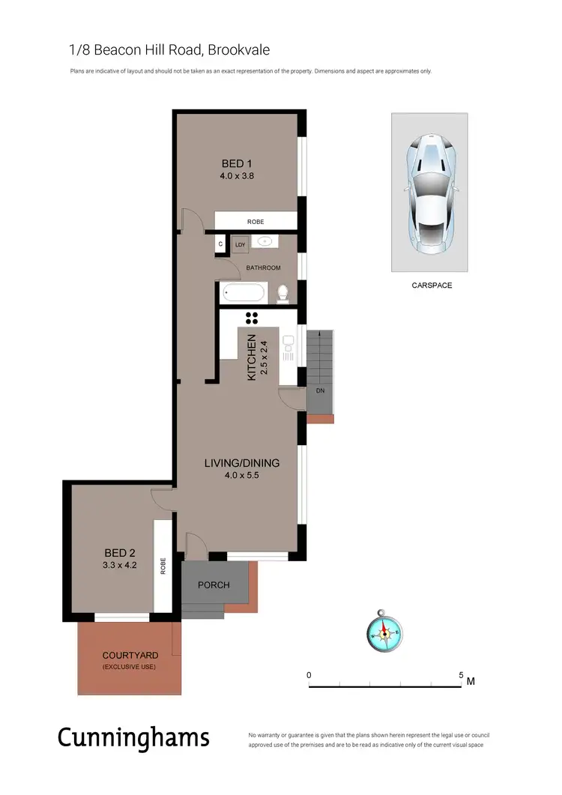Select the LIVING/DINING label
coord(242,463)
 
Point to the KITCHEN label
coord(253,357)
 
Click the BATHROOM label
coord(264,267)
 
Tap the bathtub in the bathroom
coord(243,293)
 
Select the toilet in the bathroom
coord(282,294)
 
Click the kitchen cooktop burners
coord(252,318)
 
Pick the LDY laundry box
coord(241,244)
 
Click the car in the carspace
coord(430,193)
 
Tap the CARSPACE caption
coord(432,285)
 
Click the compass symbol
coord(384,634)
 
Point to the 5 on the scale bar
coord(461,675)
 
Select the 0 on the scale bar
coord(309,675)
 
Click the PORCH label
coord(214,585)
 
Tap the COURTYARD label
coord(130,656)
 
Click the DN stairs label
coord(319,391)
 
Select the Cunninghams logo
coord(133,738)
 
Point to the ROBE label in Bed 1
coord(256,222)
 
